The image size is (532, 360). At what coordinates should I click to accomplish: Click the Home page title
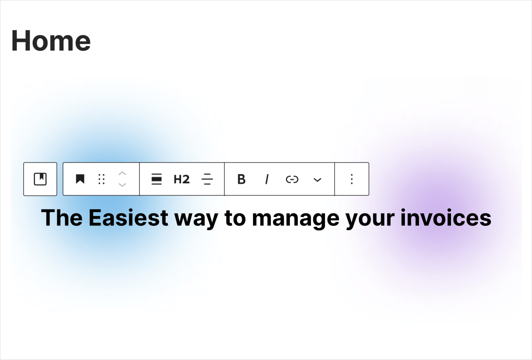pos(51,40)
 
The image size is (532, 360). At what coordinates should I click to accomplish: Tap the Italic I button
pos(267,179)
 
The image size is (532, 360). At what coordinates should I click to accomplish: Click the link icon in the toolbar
pos(292,179)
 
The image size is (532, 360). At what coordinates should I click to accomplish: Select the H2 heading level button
pos(182,179)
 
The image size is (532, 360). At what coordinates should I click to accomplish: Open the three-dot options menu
pos(352,179)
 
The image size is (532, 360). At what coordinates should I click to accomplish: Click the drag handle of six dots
pos(101,179)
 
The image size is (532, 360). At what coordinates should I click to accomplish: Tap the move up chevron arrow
pos(122,173)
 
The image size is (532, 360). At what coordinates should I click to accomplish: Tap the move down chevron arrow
pos(122,185)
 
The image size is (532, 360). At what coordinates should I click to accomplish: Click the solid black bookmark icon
pos(80,179)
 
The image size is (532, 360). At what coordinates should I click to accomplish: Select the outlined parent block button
pos(40,179)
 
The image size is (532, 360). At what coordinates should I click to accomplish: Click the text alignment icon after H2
pos(207,179)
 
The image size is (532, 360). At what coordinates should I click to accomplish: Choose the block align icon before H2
pos(156,179)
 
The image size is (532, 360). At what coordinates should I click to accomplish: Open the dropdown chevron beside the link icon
pos(317,180)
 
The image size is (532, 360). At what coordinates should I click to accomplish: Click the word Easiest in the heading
pos(129,218)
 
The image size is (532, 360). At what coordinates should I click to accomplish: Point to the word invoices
pos(446,218)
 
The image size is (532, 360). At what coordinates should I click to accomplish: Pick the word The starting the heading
pos(62,218)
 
